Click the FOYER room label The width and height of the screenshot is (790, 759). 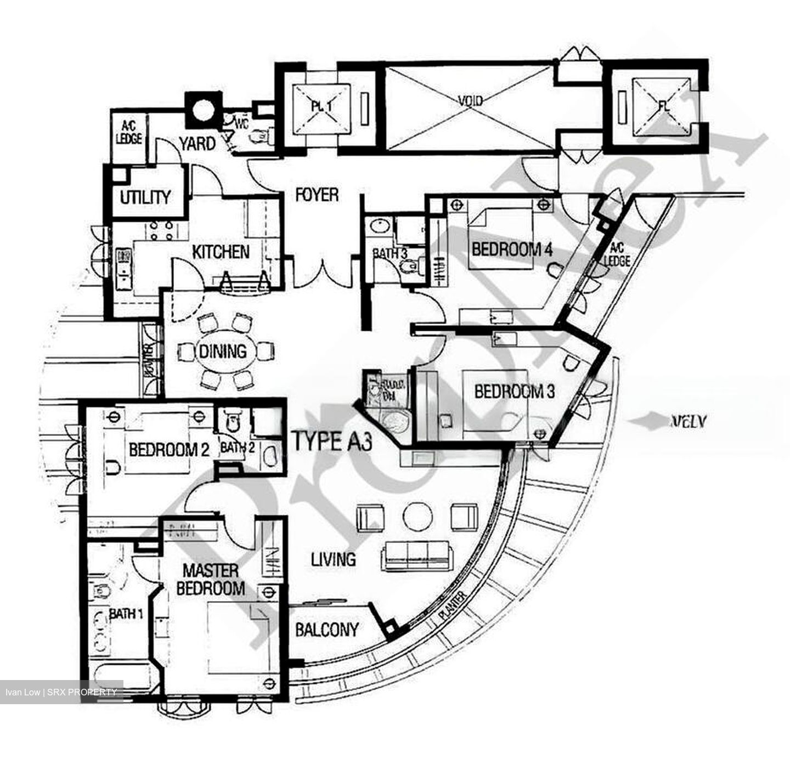[x=317, y=195]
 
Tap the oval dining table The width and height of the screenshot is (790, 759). [x=222, y=351]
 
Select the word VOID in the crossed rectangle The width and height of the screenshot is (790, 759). [x=470, y=101]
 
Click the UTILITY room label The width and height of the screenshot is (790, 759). [x=145, y=197]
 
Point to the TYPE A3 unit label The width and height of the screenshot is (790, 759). [x=332, y=440]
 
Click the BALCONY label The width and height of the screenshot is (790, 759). [x=327, y=630]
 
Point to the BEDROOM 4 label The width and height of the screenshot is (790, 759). [x=512, y=250]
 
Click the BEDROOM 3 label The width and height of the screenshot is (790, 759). [x=514, y=392]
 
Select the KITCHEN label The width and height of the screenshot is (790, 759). [x=221, y=252]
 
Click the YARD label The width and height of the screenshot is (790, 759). [x=197, y=144]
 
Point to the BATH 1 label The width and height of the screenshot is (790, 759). [x=126, y=614]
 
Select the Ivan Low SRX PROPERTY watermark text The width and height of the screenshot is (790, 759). [x=61, y=692]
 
